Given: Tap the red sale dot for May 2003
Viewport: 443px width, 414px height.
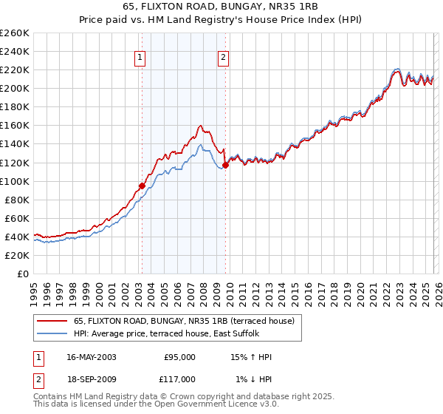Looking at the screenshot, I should coord(142,186).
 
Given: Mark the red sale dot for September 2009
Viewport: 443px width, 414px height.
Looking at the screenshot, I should coord(225,165).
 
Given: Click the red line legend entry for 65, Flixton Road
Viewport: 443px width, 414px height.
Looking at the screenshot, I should coord(184,321).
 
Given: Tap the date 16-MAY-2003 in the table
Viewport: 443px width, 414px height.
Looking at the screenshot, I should coord(91,357).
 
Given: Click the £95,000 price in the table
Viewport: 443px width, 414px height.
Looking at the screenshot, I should coord(179,357).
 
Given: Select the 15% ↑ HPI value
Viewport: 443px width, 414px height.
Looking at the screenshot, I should coord(251,357).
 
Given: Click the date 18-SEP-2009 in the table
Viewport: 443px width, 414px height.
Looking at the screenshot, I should coord(91,379).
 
